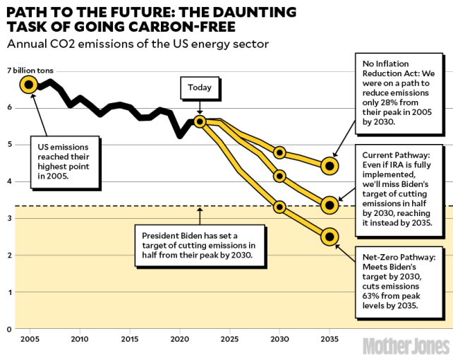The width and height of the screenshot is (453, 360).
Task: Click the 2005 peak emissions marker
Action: pos(28,85)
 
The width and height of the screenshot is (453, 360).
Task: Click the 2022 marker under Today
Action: pos(199,121)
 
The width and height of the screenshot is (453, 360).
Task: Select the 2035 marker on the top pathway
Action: pos(329,166)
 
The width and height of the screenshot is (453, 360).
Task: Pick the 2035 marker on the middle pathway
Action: pos(329,205)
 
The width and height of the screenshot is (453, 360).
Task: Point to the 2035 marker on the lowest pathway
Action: pos(329,236)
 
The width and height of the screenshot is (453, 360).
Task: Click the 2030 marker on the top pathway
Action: pos(279,152)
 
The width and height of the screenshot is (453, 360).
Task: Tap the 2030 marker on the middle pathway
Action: pos(279,176)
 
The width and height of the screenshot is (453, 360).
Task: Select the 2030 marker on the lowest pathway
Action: pos(279,207)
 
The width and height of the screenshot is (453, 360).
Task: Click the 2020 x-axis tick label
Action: pos(179,340)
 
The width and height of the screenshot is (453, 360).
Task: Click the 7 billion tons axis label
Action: pos(30,71)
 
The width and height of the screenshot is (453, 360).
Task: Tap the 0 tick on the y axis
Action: pos(9,329)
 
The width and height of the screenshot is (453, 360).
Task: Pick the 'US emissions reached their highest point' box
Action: pos(63,161)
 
